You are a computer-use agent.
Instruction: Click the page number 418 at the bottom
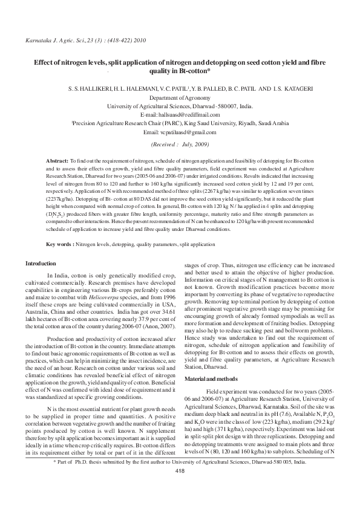click(x=179, y=488)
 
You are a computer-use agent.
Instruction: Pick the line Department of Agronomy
click(x=180, y=97)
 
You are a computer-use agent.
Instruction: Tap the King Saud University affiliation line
click(x=180, y=123)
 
